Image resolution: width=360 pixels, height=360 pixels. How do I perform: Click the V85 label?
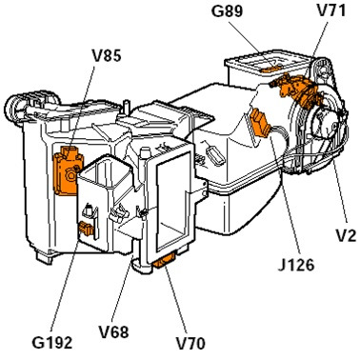(107, 56)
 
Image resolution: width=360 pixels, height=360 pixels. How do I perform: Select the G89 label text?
(227, 11)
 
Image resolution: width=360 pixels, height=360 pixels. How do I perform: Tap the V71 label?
(331, 11)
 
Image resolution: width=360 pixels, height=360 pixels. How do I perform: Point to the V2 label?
(346, 236)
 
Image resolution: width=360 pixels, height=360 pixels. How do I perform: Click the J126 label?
(296, 265)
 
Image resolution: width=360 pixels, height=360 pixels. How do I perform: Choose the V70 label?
(190, 343)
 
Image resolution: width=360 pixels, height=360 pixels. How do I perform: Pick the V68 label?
(113, 332)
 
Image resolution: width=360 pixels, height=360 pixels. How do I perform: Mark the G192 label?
(52, 343)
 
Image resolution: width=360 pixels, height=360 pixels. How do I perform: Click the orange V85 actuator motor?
(67, 170)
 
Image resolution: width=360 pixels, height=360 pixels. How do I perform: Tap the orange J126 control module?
(261, 124)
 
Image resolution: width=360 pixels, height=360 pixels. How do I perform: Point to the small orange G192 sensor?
(86, 228)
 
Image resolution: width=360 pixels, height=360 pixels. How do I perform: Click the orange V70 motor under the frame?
(164, 262)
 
